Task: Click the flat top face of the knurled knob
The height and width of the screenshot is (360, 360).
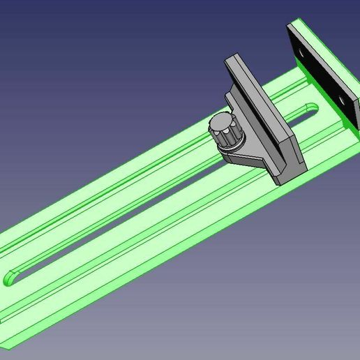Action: click(x=222, y=124)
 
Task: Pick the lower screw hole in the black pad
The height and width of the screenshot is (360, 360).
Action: click(x=343, y=101)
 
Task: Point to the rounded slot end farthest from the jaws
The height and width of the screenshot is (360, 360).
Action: click(x=13, y=277)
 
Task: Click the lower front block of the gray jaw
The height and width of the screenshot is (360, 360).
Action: click(x=287, y=164)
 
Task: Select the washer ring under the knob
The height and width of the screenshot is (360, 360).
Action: click(x=230, y=149)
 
